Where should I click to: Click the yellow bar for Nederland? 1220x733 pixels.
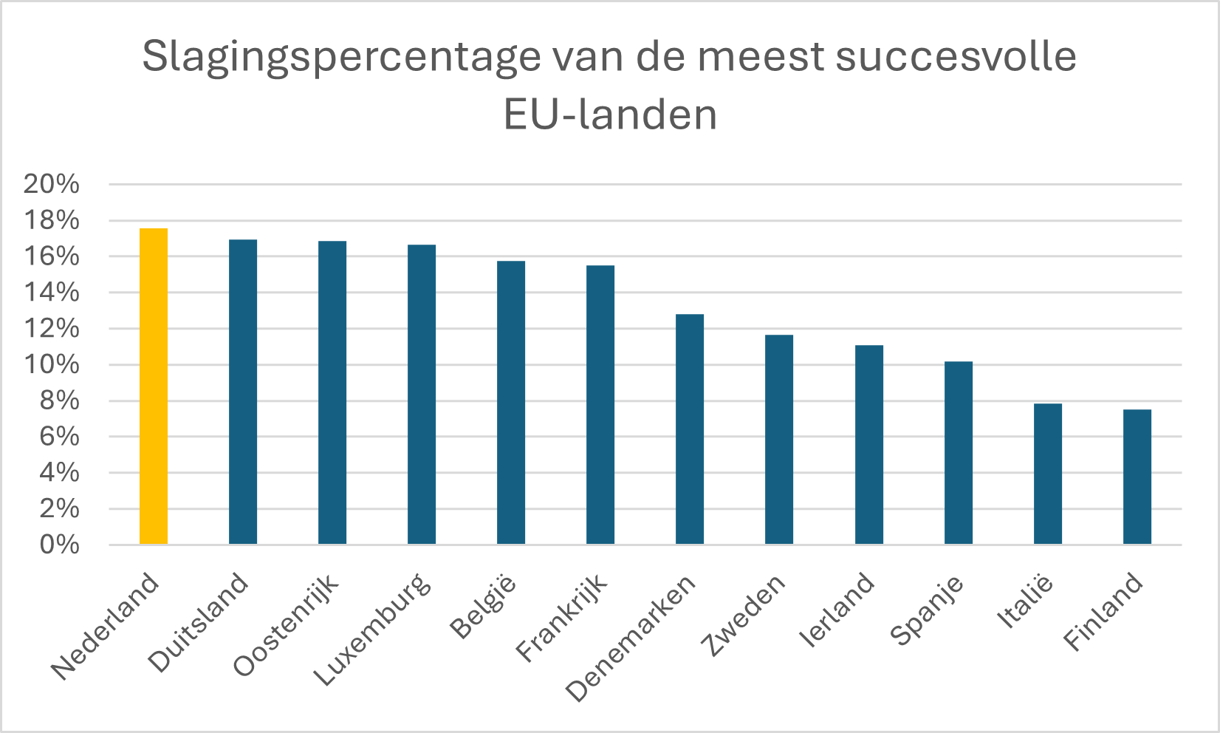(x=154, y=386)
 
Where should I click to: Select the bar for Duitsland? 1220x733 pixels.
(x=243, y=392)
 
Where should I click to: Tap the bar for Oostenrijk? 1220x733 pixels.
(x=332, y=392)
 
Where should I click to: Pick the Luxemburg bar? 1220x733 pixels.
(x=422, y=395)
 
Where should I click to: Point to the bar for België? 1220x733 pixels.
(x=511, y=403)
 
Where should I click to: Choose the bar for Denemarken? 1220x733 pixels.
(x=690, y=429)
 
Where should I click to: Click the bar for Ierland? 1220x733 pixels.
(x=869, y=445)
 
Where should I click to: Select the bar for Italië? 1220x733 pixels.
(x=1048, y=474)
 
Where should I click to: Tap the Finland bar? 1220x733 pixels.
(x=1137, y=477)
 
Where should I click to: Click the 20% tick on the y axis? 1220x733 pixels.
(x=51, y=184)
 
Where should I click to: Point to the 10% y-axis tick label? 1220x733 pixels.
(x=51, y=364)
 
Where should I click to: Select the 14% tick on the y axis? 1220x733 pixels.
(x=51, y=293)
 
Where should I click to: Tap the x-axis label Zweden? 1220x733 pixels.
(x=743, y=615)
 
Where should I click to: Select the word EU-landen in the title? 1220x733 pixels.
(x=610, y=115)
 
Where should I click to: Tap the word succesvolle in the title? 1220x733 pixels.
(x=956, y=56)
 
